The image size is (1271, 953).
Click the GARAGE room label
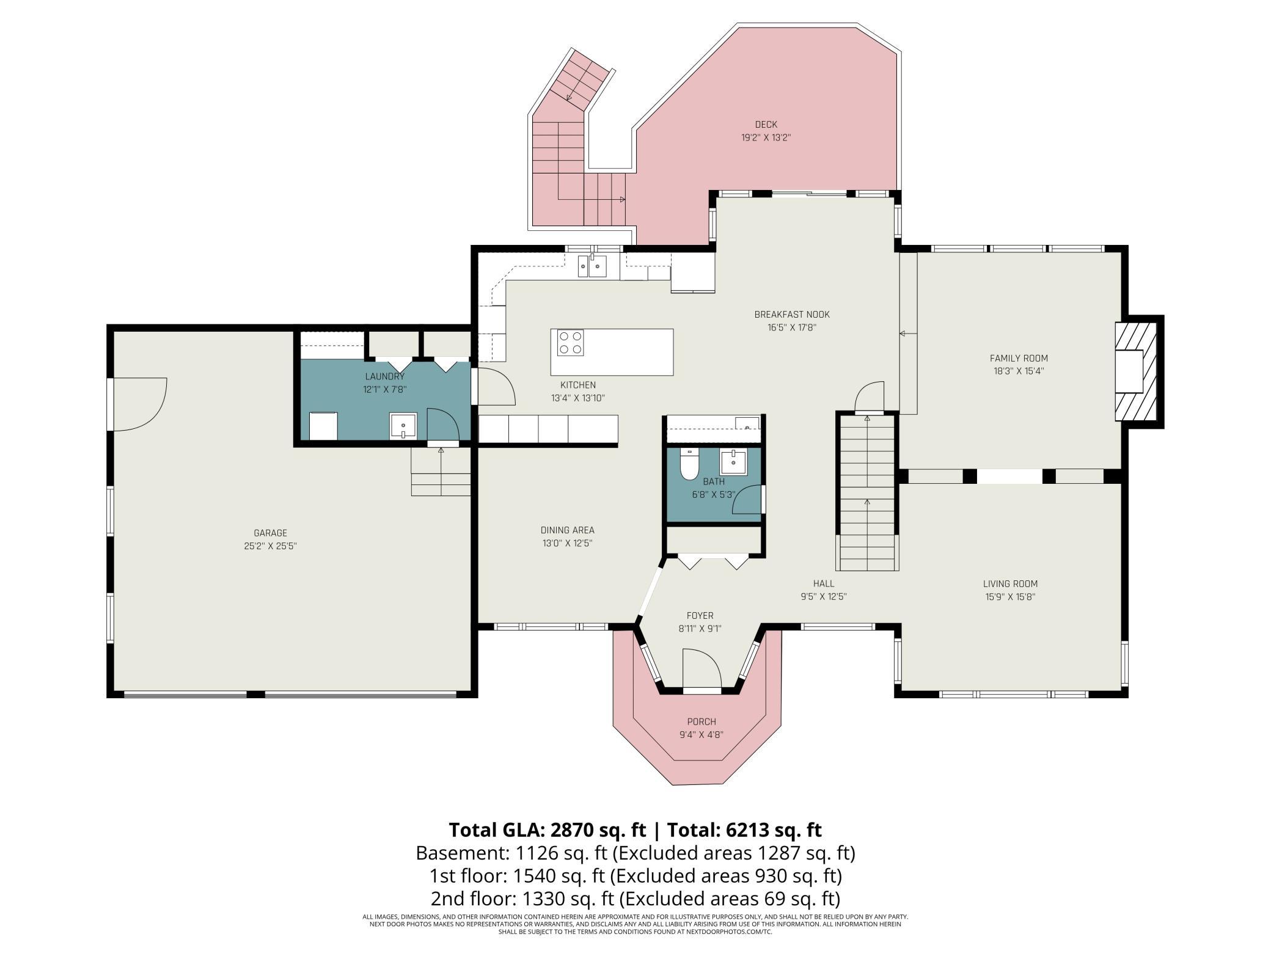click(x=270, y=533)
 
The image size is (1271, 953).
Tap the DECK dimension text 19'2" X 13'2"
click(x=766, y=138)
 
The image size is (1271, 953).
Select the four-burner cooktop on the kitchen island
click(x=570, y=342)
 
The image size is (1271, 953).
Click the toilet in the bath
click(x=689, y=464)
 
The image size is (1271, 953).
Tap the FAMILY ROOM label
click(x=1019, y=359)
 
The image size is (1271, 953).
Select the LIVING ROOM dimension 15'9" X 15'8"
click(x=1010, y=597)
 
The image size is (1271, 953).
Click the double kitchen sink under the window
click(x=592, y=266)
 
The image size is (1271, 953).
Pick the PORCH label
click(x=701, y=721)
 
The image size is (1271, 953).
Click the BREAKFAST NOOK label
click(x=792, y=315)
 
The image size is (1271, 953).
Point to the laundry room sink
click(x=403, y=426)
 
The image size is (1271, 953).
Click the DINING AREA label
click(x=567, y=530)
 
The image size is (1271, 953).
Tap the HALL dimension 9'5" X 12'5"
click(x=824, y=597)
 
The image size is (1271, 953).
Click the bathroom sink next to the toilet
click(x=733, y=462)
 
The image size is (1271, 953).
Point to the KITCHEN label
click(x=578, y=385)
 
